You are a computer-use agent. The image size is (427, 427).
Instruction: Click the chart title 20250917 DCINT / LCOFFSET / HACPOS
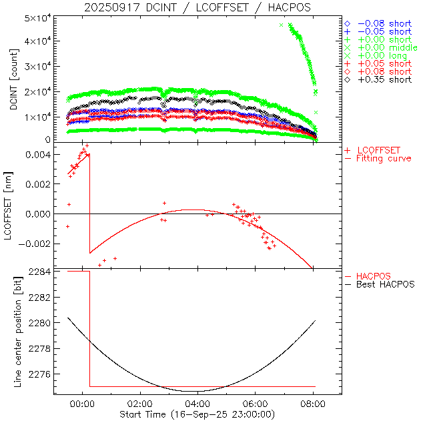(197, 7)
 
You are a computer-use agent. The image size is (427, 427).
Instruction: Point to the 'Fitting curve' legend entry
(384, 158)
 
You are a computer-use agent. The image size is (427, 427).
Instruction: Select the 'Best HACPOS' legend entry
(386, 284)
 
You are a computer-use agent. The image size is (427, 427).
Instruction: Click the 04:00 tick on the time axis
(198, 404)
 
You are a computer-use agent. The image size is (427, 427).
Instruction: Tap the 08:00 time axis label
(314, 404)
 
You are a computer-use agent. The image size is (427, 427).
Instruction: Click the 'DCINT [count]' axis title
(14, 81)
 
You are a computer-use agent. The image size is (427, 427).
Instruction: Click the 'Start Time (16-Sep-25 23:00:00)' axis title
(197, 415)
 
